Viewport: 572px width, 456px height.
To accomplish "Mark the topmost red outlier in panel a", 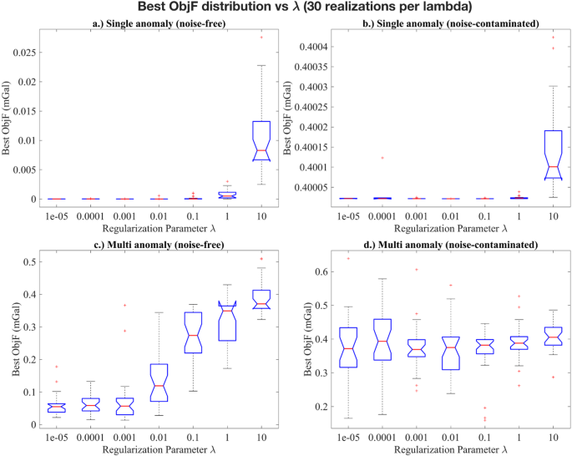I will [261, 37].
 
